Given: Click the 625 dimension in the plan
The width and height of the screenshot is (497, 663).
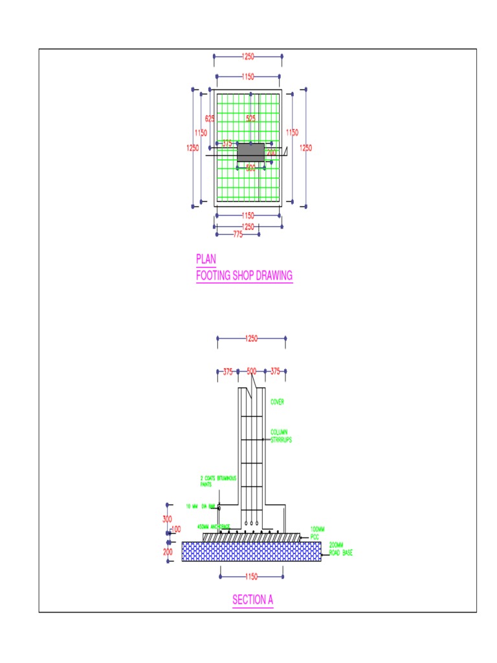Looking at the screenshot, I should click(210, 118).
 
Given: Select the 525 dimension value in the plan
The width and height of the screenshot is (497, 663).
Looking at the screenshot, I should click(250, 118).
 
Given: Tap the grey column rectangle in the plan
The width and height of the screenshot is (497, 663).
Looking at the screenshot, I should click(250, 152).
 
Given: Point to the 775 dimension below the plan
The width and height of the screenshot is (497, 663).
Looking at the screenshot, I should click(237, 234).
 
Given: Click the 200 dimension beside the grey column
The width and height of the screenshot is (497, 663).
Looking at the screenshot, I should click(271, 153).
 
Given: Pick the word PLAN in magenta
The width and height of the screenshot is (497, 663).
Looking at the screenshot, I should click(206, 259).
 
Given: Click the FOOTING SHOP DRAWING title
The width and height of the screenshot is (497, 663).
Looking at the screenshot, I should click(244, 276).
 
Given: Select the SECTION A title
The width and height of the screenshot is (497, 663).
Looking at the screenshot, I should click(252, 600).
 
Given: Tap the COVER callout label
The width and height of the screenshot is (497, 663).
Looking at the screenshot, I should click(277, 402).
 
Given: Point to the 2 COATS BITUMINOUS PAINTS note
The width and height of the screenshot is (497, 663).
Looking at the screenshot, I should click(218, 481).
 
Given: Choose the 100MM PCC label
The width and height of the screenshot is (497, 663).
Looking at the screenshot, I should click(317, 533).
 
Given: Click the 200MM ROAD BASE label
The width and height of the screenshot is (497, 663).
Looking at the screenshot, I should click(341, 549).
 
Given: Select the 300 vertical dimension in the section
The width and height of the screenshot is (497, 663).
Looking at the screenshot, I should click(167, 519).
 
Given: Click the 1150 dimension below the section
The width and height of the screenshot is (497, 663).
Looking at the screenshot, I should click(251, 576).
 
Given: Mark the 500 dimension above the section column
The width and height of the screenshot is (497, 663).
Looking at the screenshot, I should click(251, 372).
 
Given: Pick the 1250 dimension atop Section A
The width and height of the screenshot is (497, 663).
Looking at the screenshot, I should click(251, 338).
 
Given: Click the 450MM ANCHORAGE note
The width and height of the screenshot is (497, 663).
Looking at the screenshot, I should click(214, 526).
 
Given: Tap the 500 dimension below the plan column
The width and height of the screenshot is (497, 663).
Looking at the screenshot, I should click(250, 168).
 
